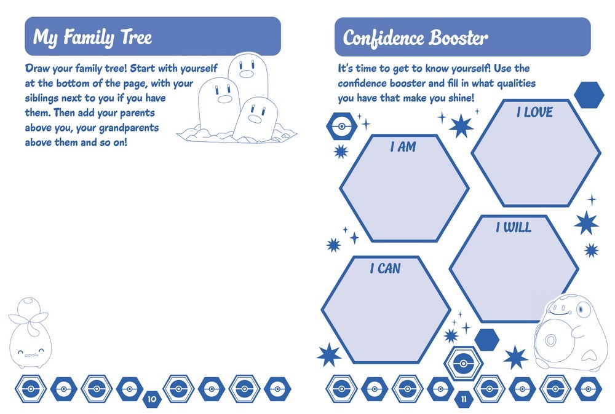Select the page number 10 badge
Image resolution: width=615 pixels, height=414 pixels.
click(x=151, y=400)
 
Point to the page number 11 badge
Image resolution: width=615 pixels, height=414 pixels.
click(x=464, y=400)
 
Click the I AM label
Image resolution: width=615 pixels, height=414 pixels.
click(x=403, y=147)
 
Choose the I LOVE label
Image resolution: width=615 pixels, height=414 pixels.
click(x=534, y=112)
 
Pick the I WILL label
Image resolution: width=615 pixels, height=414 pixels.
click(x=514, y=228)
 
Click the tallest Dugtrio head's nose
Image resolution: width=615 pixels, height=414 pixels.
click(x=246, y=74)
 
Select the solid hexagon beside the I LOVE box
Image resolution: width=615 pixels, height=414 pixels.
click(x=589, y=94)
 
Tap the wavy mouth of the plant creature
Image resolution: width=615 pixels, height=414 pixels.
click(x=28, y=354)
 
